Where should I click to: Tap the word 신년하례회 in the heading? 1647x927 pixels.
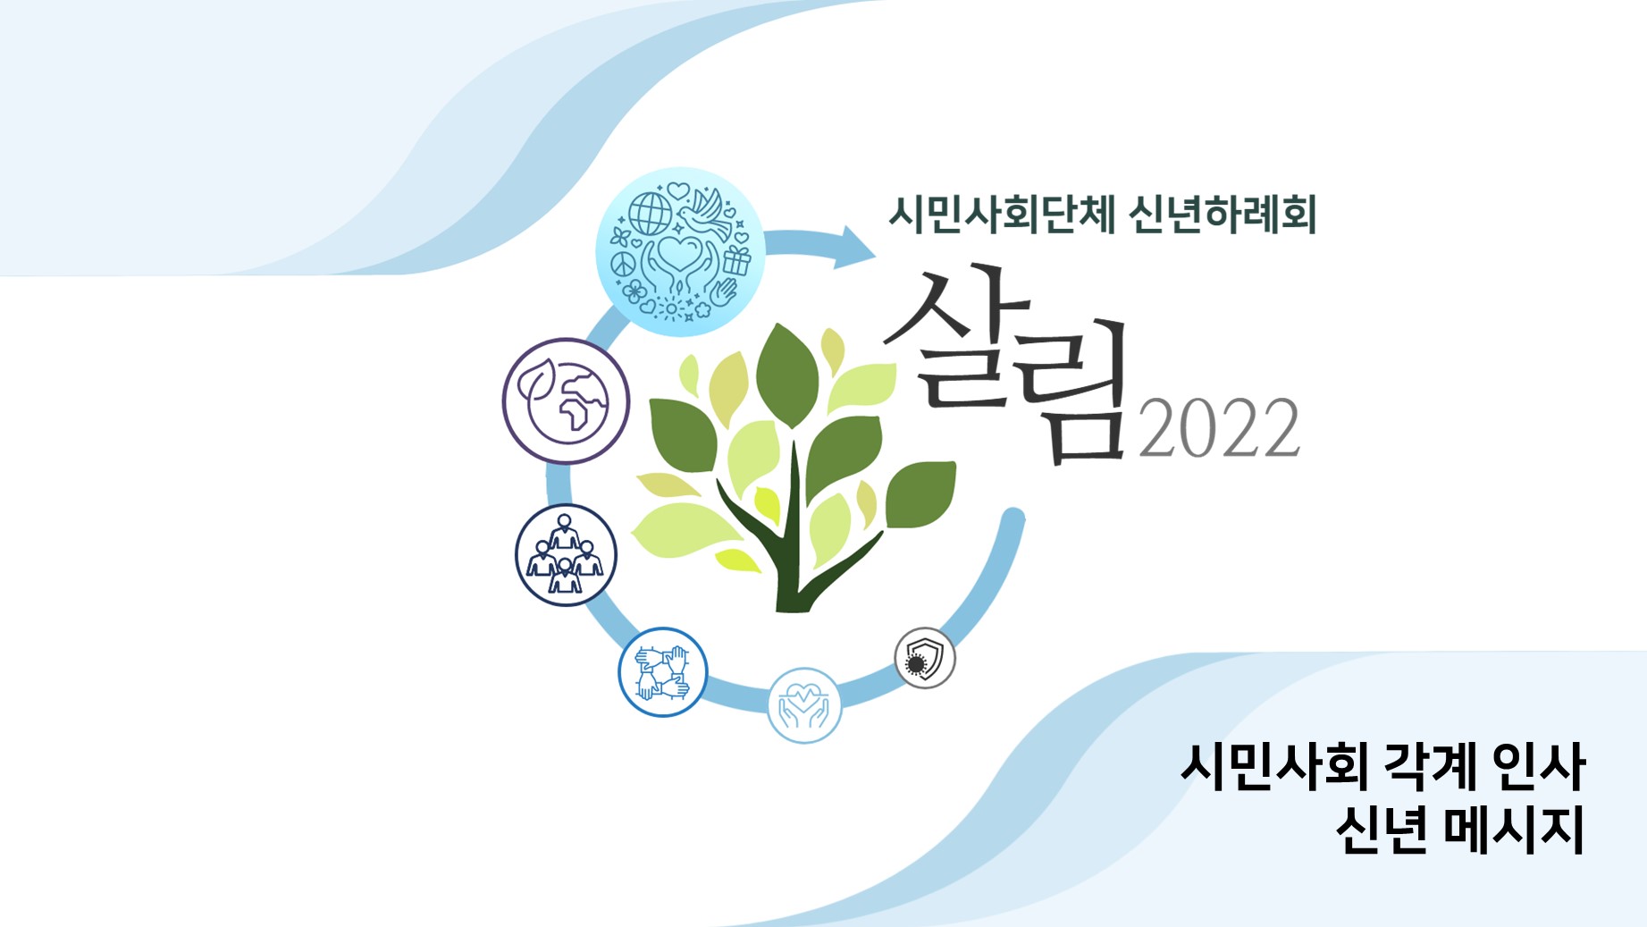coord(1223,215)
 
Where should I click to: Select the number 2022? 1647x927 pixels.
coord(1219,428)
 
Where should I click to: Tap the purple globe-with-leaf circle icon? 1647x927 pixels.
coord(566,400)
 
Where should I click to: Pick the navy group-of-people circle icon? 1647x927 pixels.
coord(566,555)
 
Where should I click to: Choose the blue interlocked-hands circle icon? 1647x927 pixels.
coord(662,672)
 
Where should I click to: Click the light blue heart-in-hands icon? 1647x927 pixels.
coord(804,705)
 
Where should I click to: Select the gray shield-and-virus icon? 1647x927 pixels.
coord(925,658)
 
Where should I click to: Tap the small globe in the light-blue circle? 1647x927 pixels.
coord(650,215)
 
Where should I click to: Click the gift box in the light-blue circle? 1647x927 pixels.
coord(736,261)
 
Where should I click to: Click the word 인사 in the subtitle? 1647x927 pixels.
coord(1539,766)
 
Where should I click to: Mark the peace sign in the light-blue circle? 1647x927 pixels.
coord(623,265)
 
